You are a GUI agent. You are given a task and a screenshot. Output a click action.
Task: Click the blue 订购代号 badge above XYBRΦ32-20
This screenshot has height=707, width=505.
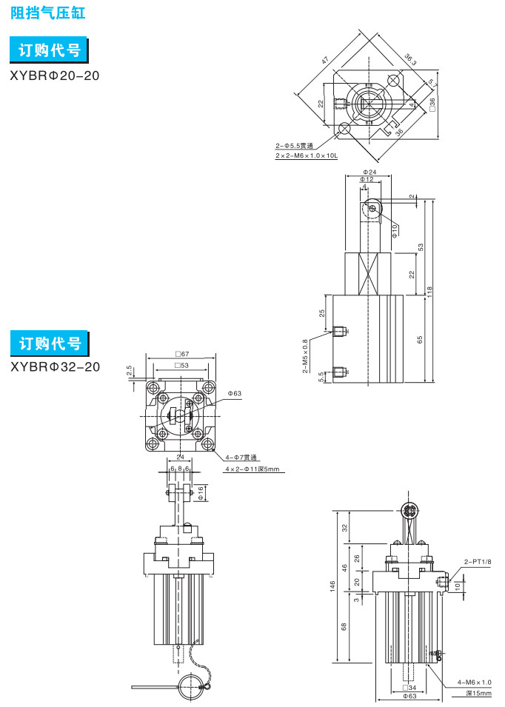point(50,344)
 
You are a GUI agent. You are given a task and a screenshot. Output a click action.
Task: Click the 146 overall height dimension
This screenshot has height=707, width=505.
point(333,586)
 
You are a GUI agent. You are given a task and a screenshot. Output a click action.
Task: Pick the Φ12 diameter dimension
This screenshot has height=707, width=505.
point(367,180)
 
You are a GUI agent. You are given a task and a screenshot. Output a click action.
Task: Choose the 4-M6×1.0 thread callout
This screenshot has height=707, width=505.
point(475,682)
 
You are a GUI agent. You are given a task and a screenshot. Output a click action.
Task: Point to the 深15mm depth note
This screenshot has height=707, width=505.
point(478,694)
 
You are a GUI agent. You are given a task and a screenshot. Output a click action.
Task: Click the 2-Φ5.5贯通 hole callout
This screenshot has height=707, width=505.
point(294,146)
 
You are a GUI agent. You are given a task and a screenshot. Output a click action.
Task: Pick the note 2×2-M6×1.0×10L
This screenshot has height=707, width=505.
point(306,156)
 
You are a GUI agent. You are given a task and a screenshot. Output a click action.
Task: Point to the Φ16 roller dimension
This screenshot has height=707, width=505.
point(201,490)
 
